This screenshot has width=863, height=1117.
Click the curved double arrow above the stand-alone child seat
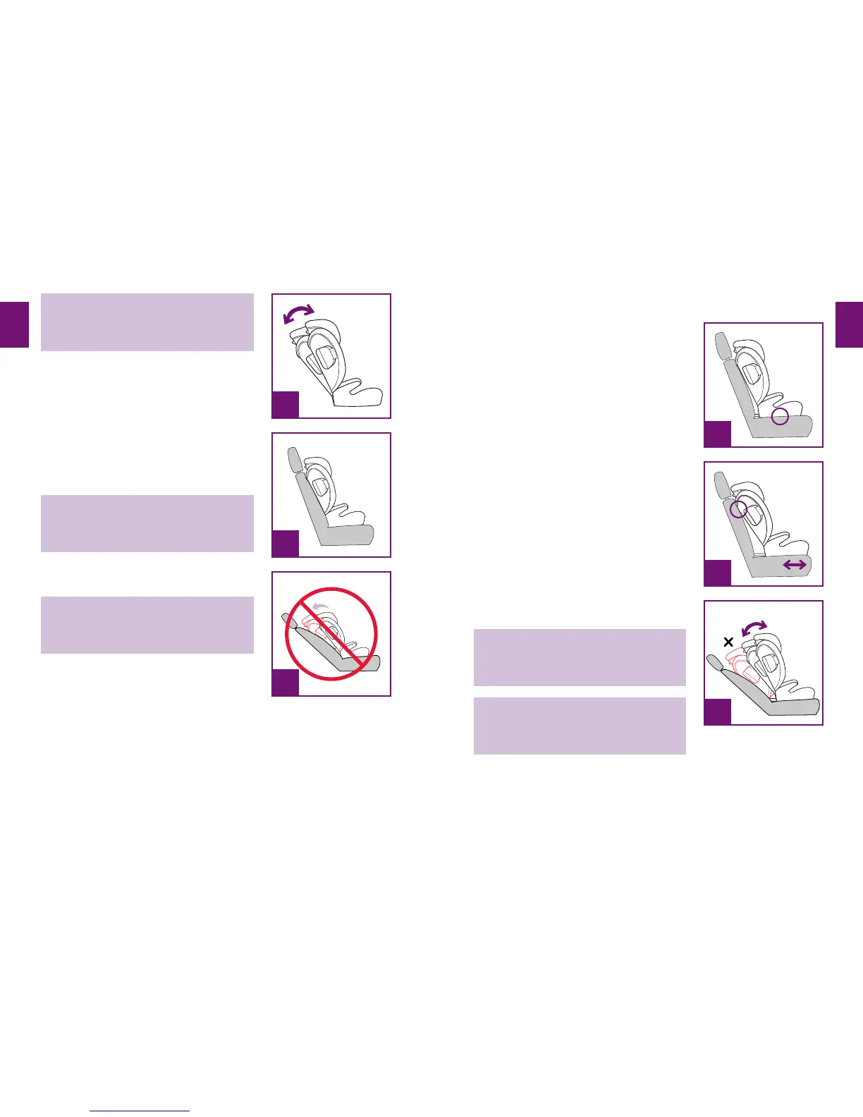click(298, 315)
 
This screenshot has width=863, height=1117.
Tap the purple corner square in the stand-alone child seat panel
click(286, 405)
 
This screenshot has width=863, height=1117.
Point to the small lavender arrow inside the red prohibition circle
click(322, 606)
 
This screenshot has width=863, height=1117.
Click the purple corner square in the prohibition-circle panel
click(286, 683)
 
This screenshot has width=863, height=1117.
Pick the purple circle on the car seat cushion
click(780, 417)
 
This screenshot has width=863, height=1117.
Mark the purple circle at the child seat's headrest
click(738, 510)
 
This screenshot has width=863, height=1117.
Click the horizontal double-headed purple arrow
click(795, 564)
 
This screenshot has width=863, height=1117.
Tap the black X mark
click(728, 642)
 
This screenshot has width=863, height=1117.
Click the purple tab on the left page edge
click(14, 324)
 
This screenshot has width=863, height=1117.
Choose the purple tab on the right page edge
click(849, 324)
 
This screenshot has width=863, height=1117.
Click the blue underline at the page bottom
click(140, 1111)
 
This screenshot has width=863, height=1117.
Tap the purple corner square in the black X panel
click(718, 712)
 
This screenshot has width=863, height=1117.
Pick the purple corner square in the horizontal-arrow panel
click(718, 573)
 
